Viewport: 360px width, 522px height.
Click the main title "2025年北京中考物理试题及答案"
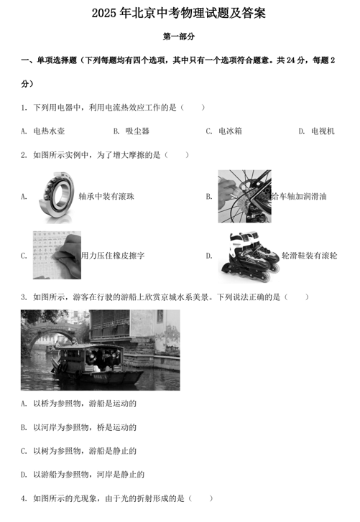pyautogui.click(x=179, y=14)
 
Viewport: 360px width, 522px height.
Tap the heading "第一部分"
pyautogui.click(x=179, y=37)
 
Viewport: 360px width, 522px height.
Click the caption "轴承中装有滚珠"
pyautogui.click(x=106, y=197)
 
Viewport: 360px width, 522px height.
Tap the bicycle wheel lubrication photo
pyautogui.click(x=245, y=197)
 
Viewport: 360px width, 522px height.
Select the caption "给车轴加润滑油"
pyautogui.click(x=299, y=197)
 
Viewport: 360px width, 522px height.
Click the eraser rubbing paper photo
pyautogui.click(x=57, y=256)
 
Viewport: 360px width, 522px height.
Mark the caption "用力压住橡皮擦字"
pyautogui.click(x=113, y=256)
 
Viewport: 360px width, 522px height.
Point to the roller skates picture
pyautogui.click(x=249, y=256)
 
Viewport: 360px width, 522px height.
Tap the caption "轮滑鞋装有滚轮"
pyautogui.click(x=310, y=256)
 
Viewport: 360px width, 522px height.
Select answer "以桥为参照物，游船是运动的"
pyautogui.click(x=85, y=404)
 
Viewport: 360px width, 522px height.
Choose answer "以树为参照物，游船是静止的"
pyautogui.click(x=85, y=451)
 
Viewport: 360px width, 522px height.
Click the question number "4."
pyautogui.click(x=24, y=499)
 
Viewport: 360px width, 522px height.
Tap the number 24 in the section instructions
pyautogui.click(x=291, y=60)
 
